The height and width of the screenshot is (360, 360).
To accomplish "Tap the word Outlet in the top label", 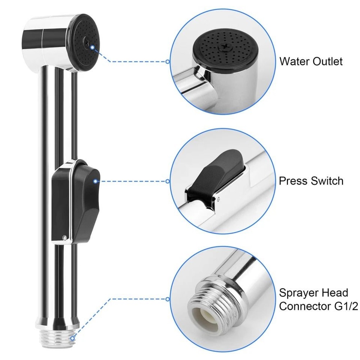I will click(x=328, y=61).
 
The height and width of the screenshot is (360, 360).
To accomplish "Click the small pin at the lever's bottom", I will click(x=64, y=237).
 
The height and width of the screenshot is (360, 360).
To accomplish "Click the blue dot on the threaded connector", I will click(x=73, y=338).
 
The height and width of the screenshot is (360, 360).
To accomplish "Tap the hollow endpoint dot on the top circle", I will click(x=167, y=62).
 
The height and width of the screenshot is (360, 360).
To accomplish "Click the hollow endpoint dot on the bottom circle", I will click(x=167, y=299).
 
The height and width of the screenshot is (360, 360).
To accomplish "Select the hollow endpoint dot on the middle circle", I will click(x=167, y=181).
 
